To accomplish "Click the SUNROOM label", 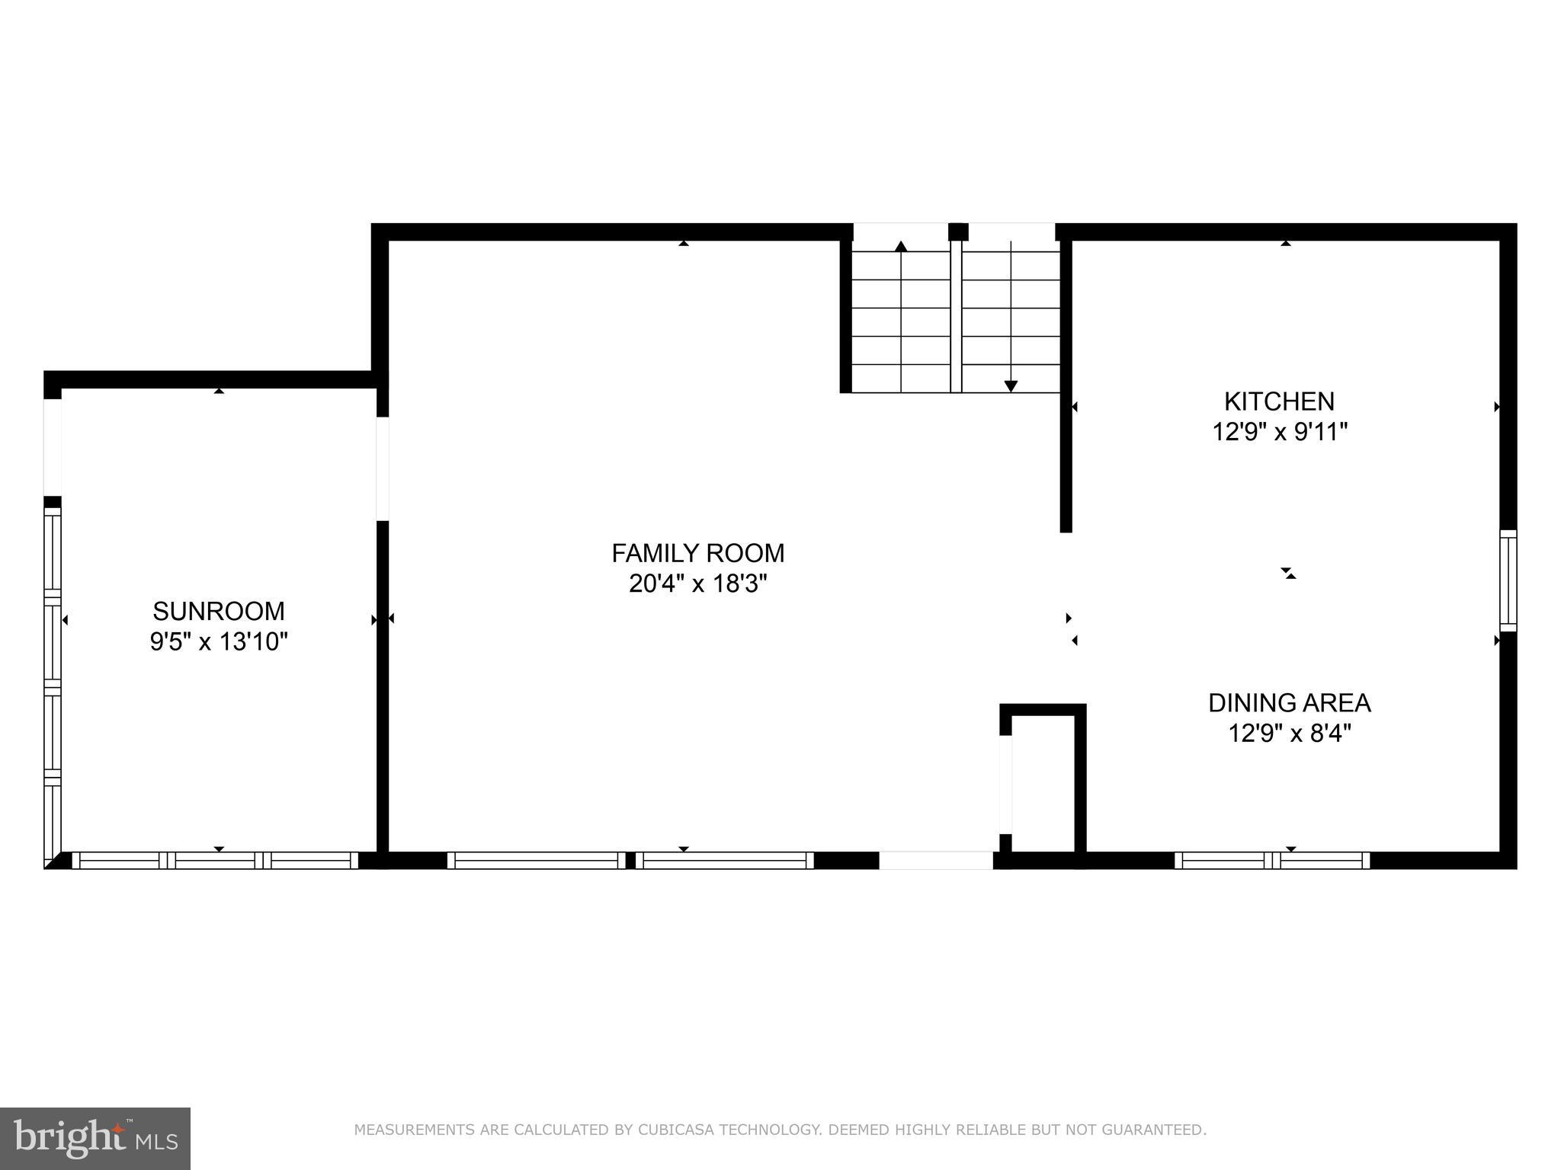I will tap(218, 611).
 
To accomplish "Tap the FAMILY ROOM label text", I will tap(697, 553).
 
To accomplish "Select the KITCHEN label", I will tap(1279, 401).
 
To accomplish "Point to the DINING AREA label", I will tap(1289, 702).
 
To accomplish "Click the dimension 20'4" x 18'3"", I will tap(697, 584).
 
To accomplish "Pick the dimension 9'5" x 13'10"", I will tap(218, 642).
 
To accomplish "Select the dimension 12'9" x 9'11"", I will tap(1279, 433).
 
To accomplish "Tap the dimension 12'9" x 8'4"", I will tap(1289, 734).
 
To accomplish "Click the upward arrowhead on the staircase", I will tap(901, 246).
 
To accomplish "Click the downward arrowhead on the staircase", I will tap(1011, 386).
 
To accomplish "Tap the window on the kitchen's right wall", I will tap(1508, 580).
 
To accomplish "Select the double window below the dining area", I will tap(1271, 861).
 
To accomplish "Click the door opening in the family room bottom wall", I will tap(936, 861).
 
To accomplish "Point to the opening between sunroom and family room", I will tap(383, 468).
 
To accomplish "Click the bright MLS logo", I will tap(95, 1138).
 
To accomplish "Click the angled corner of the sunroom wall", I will tap(53, 862).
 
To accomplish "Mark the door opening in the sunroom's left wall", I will tap(52, 447).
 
